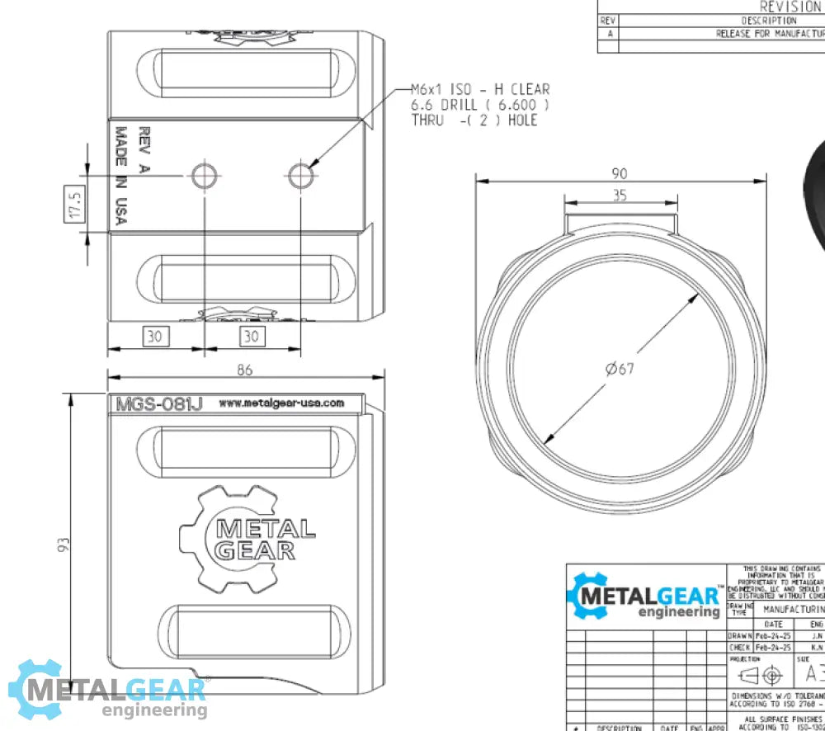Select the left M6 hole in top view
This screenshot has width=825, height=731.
tap(204, 175)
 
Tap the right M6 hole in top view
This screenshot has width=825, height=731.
tap(301, 175)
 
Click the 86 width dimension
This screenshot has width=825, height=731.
tap(244, 370)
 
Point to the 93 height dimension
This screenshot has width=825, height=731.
tap(64, 545)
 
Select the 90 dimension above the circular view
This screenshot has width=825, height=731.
tap(619, 173)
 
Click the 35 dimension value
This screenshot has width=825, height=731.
tap(619, 196)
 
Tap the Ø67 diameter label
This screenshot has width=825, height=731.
tap(620, 369)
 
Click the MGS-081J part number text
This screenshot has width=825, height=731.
tap(158, 404)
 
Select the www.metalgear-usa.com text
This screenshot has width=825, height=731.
tap(281, 403)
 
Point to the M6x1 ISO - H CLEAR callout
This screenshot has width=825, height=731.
tap(480, 89)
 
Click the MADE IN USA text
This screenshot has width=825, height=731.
tap(121, 175)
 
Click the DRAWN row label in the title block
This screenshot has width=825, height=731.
tap(739, 635)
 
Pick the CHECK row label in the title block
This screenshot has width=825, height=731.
tap(739, 648)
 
